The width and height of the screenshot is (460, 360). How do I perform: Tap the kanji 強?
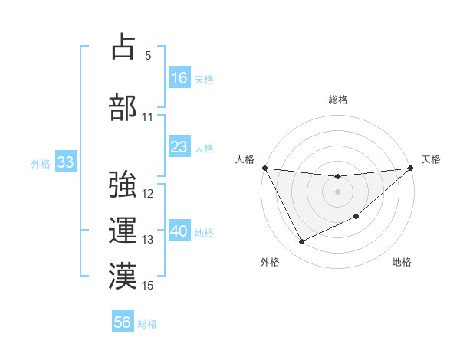coord(123,184)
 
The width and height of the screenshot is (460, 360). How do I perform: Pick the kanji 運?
coord(123,231)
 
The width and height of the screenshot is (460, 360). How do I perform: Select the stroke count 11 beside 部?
coord(148,117)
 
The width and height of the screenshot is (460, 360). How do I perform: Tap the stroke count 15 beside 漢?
coord(148,286)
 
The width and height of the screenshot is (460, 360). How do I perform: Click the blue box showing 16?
coord(179,77)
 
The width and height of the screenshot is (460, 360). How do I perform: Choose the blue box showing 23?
coord(179,147)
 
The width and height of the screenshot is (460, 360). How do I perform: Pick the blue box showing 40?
coord(179,231)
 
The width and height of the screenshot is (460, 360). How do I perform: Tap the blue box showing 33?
coord(64,162)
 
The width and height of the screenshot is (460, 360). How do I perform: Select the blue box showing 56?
coord(123,322)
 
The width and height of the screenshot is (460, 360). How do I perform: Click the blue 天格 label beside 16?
coord(204,79)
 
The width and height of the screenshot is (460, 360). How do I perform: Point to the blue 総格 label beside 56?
coord(147,324)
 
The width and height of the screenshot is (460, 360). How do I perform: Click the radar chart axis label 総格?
coord(337,100)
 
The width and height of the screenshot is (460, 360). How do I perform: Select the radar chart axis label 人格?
coord(244,159)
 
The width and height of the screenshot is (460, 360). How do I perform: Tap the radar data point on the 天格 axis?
coord(410,168)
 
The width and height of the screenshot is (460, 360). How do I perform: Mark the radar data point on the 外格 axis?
coord(301,242)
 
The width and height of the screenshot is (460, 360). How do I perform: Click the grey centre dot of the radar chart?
coord(337,191)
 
